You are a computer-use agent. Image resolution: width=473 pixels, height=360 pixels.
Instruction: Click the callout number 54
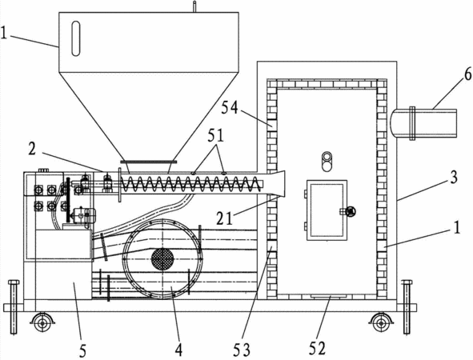(230, 108)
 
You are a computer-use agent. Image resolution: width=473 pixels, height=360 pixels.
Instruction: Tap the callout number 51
(215, 136)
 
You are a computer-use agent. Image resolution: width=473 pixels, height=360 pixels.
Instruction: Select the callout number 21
(225, 218)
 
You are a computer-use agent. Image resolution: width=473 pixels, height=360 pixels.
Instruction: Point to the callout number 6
(468, 74)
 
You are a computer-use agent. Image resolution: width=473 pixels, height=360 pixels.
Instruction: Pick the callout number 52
(318, 348)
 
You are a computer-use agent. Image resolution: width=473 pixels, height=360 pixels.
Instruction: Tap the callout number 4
(178, 350)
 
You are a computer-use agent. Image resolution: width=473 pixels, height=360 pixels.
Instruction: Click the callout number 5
(82, 350)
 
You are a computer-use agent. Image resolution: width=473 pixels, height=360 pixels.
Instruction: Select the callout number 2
(33, 149)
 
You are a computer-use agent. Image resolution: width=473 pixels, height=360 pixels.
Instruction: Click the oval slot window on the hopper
(76, 38)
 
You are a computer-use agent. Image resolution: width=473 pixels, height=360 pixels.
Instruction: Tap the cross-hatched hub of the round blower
(162, 259)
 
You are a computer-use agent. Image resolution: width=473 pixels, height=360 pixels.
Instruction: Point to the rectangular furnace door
(327, 210)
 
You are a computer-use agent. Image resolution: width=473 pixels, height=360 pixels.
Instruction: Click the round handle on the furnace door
(351, 211)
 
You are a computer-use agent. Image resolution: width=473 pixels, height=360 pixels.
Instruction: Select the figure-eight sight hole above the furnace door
(326, 162)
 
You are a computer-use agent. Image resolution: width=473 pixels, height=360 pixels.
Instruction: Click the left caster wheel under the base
(42, 323)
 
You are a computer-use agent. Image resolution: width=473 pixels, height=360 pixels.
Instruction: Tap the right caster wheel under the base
(381, 323)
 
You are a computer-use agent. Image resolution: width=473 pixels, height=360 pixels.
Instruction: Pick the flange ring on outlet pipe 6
(412, 123)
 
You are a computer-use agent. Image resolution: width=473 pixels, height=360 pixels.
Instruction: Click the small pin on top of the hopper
(194, 6)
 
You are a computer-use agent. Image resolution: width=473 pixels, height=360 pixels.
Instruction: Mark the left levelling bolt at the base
(14, 307)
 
